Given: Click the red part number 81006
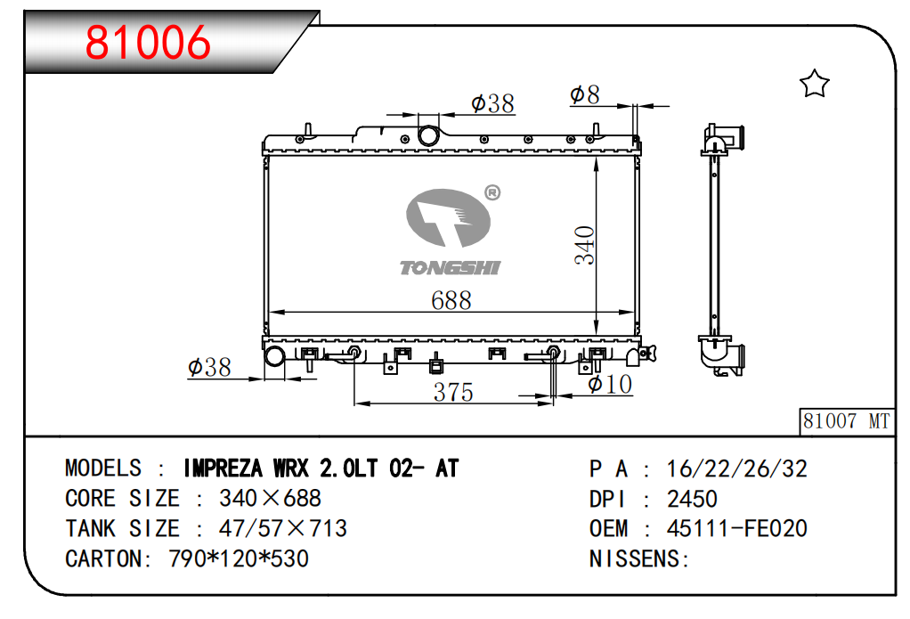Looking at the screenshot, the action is (148, 42).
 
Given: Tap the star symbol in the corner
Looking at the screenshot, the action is (814, 84).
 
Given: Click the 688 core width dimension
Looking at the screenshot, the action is (451, 300).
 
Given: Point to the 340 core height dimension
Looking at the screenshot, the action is (584, 245).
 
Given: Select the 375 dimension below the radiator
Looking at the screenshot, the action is (453, 392).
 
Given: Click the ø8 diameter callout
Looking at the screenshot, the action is (584, 94).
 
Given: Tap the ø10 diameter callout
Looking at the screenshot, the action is (610, 384).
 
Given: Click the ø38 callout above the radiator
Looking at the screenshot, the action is (492, 103).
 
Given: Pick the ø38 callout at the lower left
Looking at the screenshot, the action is (209, 367).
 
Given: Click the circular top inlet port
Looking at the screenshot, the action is (429, 135).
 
